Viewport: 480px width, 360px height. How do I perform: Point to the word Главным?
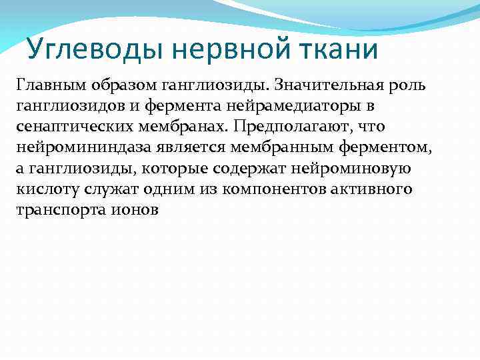(x=46, y=85)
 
